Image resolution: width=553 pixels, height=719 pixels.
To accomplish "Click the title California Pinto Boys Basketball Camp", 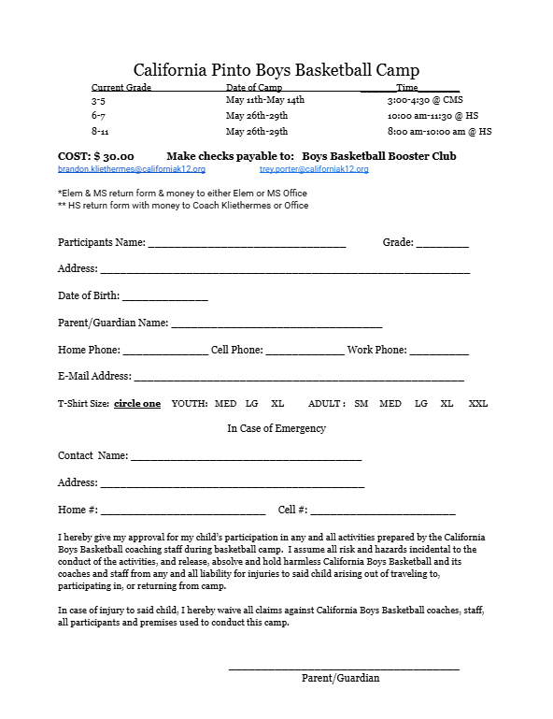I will [x=276, y=69].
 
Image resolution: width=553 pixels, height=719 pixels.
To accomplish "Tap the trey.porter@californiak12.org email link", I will [x=314, y=169].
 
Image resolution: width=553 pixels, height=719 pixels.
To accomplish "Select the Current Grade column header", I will [x=121, y=87].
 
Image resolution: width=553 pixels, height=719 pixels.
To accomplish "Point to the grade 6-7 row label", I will [x=98, y=115].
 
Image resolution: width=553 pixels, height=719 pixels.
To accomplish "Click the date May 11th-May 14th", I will [x=265, y=99].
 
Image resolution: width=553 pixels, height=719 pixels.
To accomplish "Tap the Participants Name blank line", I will [x=247, y=245].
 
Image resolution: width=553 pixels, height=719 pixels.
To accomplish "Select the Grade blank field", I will [x=442, y=245].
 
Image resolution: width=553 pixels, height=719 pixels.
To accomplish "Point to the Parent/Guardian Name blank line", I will [x=276, y=326].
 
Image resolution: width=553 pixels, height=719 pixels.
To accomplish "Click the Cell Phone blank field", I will [x=305, y=353].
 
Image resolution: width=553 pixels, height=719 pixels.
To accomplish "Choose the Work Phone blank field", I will [x=439, y=353].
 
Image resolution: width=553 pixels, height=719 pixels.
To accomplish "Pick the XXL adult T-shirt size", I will [x=477, y=404].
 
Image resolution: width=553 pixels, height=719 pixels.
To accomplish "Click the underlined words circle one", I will [x=137, y=404].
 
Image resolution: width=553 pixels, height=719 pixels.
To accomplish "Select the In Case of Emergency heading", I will [x=276, y=428].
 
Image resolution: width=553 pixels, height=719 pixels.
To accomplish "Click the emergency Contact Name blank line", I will [x=246, y=459].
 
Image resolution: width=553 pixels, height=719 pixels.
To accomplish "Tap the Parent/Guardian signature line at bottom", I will [x=344, y=668].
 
